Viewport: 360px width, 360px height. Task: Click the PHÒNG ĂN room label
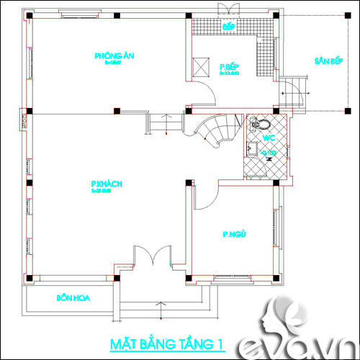tap(114, 55)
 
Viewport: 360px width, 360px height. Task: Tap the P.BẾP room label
tap(229, 67)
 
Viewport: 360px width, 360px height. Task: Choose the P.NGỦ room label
tap(234, 234)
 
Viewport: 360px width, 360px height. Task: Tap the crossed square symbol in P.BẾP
tap(200, 65)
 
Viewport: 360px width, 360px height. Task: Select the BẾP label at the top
tap(229, 27)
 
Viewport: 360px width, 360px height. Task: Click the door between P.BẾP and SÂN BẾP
tap(292, 91)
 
